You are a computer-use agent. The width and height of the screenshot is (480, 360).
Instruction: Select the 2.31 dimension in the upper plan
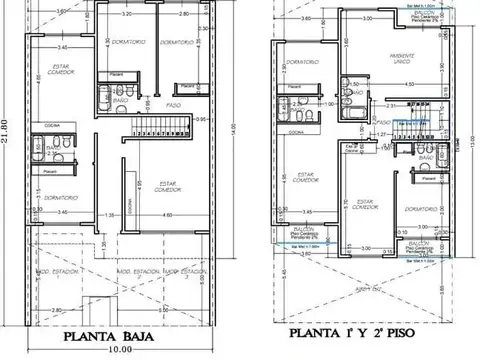[366, 105]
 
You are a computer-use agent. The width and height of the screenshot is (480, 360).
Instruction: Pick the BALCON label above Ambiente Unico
[398, 11]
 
